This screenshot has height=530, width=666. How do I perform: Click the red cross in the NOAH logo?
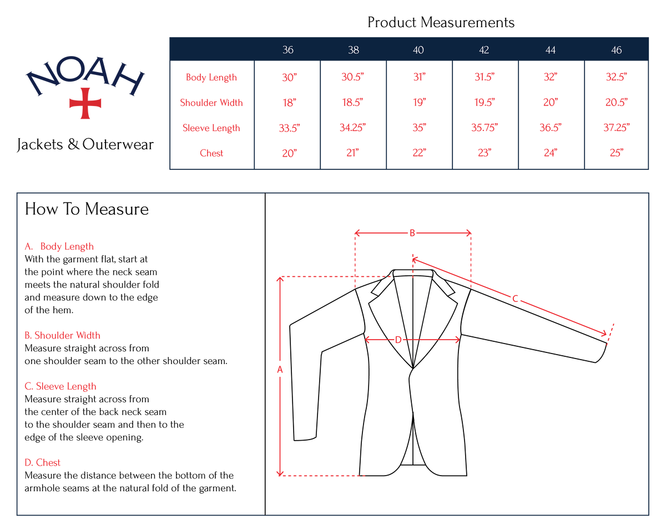click(85, 103)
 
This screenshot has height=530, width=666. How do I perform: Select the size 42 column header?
click(484, 50)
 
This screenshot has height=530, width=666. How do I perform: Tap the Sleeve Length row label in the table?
click(211, 128)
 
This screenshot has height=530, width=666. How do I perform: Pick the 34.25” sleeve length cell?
click(352, 128)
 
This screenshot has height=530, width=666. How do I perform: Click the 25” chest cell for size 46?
click(617, 153)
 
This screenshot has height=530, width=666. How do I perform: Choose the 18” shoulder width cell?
click(289, 103)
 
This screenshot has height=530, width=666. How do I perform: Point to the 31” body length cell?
click(420, 77)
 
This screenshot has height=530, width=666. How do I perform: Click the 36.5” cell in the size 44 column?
click(550, 128)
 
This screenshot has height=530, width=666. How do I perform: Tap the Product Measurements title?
click(441, 22)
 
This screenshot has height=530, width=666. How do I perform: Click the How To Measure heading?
click(87, 209)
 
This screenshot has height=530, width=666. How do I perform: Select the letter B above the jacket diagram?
click(412, 233)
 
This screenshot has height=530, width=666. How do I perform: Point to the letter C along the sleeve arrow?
click(515, 299)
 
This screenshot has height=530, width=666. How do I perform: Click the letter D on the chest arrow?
click(398, 340)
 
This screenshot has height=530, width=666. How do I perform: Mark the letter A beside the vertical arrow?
click(280, 370)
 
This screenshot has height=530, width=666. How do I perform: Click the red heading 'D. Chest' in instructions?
click(42, 462)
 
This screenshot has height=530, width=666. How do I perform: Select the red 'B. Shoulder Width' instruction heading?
click(63, 335)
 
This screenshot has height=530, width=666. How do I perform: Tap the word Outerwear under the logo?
click(118, 145)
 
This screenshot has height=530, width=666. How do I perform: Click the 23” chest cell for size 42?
click(485, 153)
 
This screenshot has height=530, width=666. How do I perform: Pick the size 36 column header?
click(288, 50)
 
